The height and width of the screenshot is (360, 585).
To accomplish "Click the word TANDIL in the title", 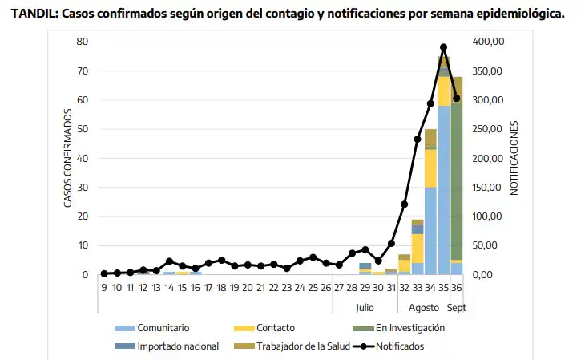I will click(33, 14).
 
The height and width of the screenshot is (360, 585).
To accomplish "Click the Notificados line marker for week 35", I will click(443, 47).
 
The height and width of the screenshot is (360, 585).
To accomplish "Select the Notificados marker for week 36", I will click(457, 99).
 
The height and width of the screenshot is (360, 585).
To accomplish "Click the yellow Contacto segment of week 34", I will click(430, 168).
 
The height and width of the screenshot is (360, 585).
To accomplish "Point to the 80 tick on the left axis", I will click(83, 42).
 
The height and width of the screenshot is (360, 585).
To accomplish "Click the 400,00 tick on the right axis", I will click(488, 42).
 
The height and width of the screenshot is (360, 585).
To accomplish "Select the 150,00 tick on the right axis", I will click(488, 188).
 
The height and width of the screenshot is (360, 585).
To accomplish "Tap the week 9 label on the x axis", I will click(104, 288).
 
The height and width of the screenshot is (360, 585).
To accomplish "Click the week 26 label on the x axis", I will click(326, 288).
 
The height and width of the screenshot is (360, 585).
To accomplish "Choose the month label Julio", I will click(365, 307).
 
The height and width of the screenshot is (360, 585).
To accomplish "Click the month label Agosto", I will click(424, 307).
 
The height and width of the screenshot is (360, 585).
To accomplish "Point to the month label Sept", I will click(457, 307).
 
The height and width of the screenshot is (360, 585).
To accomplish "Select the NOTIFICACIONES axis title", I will click(514, 158).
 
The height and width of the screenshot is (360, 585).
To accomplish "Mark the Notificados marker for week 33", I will click(418, 139).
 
